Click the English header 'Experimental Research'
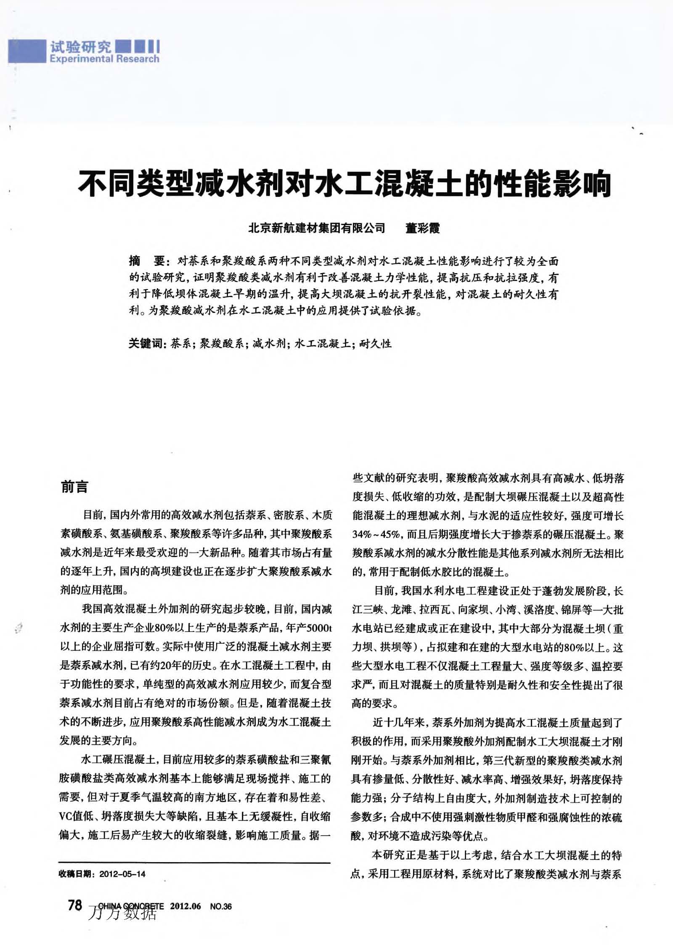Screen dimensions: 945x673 click(x=104, y=59)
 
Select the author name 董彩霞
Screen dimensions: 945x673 click(x=422, y=228)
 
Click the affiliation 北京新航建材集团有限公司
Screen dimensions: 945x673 click(x=316, y=228)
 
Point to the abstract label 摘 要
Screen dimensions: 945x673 click(x=148, y=261)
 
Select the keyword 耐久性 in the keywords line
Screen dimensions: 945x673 click(x=375, y=344)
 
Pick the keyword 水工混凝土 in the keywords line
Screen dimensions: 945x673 click(x=323, y=344)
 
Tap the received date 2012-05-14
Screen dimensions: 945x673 click(x=122, y=874)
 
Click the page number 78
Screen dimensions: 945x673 click(x=75, y=905)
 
